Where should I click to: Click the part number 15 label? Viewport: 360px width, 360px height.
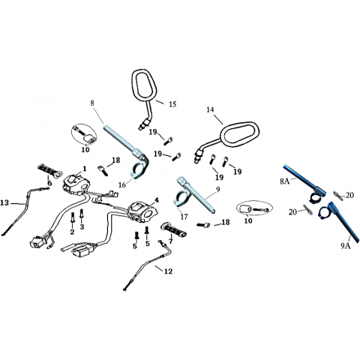pyautogui.click(x=172, y=104)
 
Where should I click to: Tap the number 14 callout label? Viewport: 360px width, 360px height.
pyautogui.click(x=210, y=109)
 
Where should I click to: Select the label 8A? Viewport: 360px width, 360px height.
pyautogui.click(x=285, y=181)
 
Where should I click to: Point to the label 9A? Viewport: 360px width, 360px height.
pyautogui.click(x=346, y=246)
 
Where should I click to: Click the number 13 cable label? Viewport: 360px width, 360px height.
pyautogui.click(x=4, y=202)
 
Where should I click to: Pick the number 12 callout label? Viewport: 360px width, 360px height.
pyautogui.click(x=168, y=271)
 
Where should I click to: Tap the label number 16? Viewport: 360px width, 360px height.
pyautogui.click(x=122, y=184)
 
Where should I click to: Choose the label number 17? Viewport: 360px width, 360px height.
pyautogui.click(x=184, y=217)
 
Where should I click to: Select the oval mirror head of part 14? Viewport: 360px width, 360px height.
pyautogui.click(x=239, y=135)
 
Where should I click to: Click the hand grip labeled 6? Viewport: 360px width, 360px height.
pyautogui.click(x=49, y=171)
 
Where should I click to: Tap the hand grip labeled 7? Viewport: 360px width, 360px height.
pyautogui.click(x=174, y=229)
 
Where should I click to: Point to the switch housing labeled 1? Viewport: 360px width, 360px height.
pyautogui.click(x=75, y=184)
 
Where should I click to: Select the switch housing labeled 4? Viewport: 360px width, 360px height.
pyautogui.click(x=142, y=212)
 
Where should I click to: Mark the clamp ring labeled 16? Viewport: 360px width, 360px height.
pyautogui.click(x=136, y=171)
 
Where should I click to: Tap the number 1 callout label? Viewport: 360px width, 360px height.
pyautogui.click(x=85, y=169)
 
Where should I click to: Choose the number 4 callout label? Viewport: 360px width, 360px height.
pyautogui.click(x=157, y=199)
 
